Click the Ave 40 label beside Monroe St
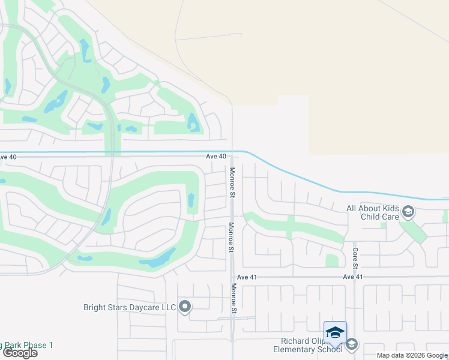pos(216,156)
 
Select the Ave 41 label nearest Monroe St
pos(247,277)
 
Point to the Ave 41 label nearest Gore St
pos(353,277)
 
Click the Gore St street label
pos(355,259)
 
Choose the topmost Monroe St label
pos(232,181)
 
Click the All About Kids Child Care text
pos(372,212)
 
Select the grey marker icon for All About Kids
pos(408,211)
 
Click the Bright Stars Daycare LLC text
pos(130,308)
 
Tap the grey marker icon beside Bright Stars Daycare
pos(184,307)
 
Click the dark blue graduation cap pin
pos(335,332)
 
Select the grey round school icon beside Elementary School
pos(351,344)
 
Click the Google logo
pos(20,353)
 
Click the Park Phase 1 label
pos(27,345)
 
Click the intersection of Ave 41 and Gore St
pos(355,277)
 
